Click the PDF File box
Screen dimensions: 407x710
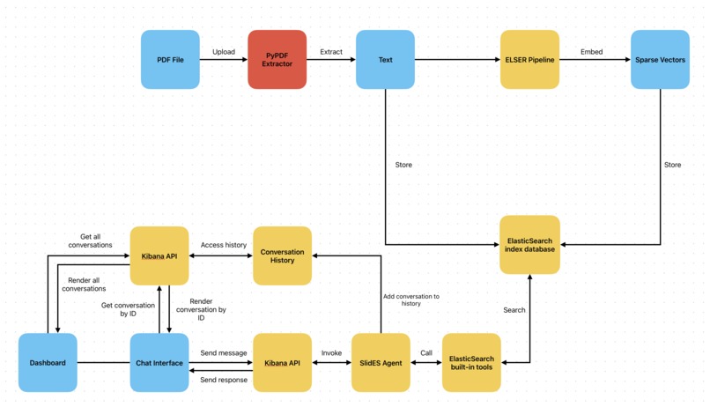click(170, 60)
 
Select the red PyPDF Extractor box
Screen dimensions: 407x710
click(277, 60)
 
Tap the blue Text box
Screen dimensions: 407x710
click(385, 60)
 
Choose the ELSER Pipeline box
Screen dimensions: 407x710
click(529, 60)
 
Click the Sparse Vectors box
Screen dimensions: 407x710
click(660, 60)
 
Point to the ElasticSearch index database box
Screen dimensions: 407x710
click(529, 244)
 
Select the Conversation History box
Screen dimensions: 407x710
click(282, 255)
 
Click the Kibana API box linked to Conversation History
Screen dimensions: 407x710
click(159, 255)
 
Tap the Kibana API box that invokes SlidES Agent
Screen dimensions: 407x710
click(282, 362)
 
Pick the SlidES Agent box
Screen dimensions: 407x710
click(381, 362)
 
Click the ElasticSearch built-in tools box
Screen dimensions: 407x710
click(471, 362)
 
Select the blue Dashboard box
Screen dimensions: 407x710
click(48, 362)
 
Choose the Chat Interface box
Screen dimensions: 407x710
click(159, 362)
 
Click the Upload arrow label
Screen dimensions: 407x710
click(224, 52)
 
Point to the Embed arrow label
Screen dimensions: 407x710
click(591, 52)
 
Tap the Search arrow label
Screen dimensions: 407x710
click(514, 310)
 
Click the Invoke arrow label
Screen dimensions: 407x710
click(331, 352)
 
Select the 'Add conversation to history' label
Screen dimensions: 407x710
click(410, 300)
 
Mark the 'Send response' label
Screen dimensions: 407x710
click(224, 380)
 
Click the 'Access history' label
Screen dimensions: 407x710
click(223, 245)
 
